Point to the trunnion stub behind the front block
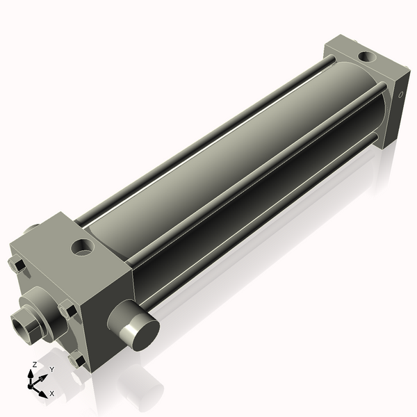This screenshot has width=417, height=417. (32, 229)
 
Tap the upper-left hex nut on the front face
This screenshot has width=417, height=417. (18, 265)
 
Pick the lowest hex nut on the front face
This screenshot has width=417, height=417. (76, 360)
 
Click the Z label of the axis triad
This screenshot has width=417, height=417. (35, 365)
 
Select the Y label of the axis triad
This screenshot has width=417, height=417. (51, 370)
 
